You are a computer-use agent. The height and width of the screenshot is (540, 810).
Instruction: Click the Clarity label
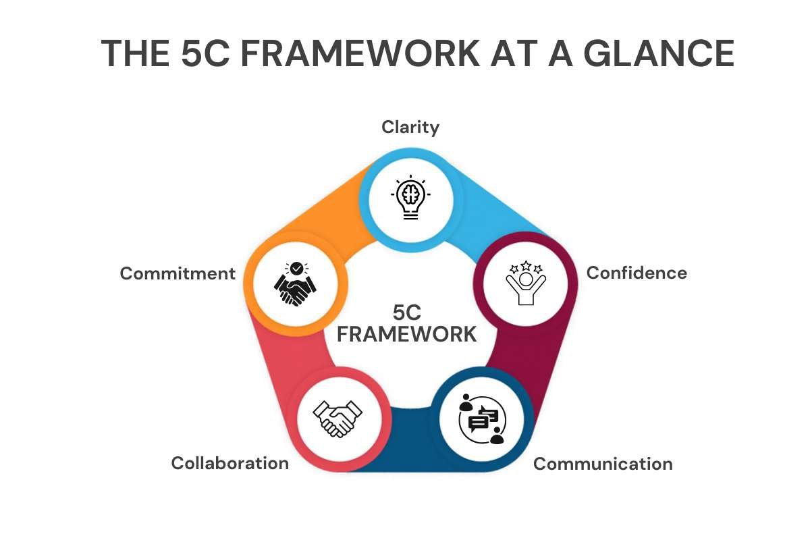[410, 128]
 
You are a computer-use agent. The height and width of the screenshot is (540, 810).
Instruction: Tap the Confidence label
[637, 273]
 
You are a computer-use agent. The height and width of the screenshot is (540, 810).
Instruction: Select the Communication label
[603, 464]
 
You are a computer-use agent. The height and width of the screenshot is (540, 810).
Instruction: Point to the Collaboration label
[230, 463]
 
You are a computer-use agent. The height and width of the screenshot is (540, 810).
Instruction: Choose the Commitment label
[178, 273]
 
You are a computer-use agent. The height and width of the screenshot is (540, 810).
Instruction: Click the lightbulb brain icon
[410, 197]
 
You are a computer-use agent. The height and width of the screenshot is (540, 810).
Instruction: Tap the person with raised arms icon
[526, 283]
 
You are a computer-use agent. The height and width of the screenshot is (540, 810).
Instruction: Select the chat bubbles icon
[482, 419]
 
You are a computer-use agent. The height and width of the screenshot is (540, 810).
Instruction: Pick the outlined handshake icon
[337, 418]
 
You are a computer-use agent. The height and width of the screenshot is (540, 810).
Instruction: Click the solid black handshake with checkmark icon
[295, 284]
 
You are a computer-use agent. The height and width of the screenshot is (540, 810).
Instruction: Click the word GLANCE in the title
[659, 53]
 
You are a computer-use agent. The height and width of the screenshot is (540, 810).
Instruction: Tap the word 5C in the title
[205, 53]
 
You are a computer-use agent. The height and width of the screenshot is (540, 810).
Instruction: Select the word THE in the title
[135, 53]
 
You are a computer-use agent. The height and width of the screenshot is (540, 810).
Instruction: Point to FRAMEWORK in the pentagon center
[407, 334]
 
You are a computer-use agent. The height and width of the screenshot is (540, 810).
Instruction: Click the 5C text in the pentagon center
[407, 313]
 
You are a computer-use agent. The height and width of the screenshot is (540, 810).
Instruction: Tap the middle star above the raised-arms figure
[526, 265]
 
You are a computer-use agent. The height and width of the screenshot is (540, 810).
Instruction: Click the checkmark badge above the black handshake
[297, 269]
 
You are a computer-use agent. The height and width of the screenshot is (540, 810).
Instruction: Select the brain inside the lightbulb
[410, 194]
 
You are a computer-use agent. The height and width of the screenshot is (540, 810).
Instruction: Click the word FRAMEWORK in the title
[360, 53]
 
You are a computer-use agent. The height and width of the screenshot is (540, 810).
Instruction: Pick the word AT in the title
[514, 53]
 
